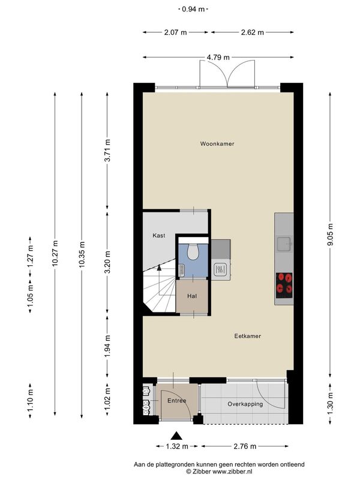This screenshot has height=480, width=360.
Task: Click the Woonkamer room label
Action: coord(217,143)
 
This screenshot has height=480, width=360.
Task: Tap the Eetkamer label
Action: coord(248,336)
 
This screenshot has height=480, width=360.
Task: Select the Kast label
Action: coord(159,235)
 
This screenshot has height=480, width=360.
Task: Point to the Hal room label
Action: coord(192,296)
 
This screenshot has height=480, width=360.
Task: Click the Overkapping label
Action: coord(245,404)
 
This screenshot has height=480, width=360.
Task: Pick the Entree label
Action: coord(176,401)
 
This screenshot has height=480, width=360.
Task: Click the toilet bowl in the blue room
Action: coord(193,251)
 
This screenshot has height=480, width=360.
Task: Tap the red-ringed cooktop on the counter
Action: coord(284,286)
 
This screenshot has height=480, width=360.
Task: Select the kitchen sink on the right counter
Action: coord(284,244)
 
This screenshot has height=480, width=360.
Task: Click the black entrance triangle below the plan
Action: coord(176,436)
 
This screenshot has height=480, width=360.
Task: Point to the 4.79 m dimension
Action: coord(218,57)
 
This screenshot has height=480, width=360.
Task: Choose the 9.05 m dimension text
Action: coord(330,235)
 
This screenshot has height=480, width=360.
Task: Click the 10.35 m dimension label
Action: coord(82,254)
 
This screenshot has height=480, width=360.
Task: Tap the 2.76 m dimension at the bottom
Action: coord(245,446)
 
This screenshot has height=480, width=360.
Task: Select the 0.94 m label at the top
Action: coord(193,9)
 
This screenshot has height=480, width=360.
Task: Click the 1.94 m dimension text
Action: coord(107,346)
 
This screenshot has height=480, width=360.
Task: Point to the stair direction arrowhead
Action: coord(159,267)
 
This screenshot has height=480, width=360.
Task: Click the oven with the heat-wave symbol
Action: coord(220,269)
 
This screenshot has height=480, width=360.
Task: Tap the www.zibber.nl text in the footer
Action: coord(232,472)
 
